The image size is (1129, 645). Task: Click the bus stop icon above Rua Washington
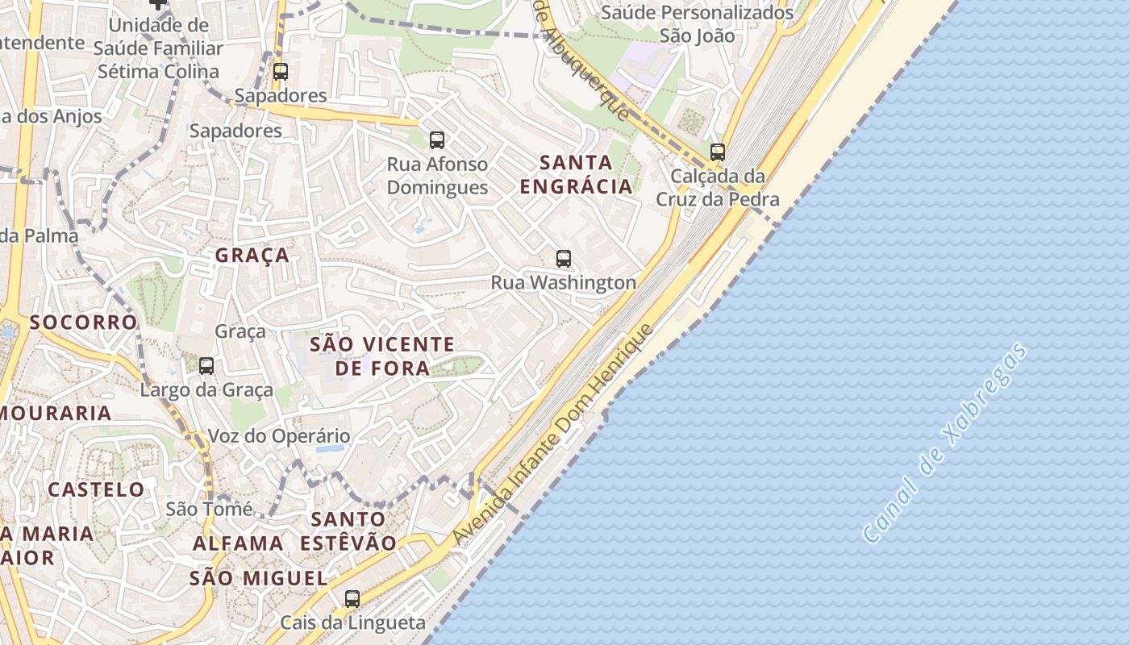point(564,259)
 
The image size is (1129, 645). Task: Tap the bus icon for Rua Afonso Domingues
point(437,140)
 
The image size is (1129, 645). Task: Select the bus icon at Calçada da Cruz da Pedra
point(717,152)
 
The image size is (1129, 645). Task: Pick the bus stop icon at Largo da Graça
point(206,366)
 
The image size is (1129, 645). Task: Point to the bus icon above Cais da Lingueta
point(352,599)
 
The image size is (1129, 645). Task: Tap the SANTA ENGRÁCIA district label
point(576,175)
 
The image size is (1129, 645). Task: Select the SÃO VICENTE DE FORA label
point(382,356)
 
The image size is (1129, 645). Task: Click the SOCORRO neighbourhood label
point(83,322)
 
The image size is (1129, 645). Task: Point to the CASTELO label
point(96,489)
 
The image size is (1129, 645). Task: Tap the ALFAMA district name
point(238,543)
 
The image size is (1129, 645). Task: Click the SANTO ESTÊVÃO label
point(348,531)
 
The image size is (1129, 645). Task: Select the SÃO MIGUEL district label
point(258,578)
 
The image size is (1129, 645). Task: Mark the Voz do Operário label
point(279,436)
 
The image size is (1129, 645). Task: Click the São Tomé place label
point(209,509)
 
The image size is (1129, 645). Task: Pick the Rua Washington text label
point(564,282)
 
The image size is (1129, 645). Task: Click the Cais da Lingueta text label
point(352,622)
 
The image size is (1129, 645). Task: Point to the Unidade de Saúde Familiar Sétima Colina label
point(158,48)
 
